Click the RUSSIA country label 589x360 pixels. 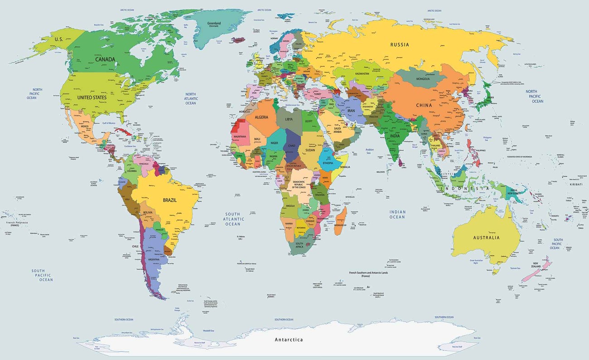click(x=400, y=44)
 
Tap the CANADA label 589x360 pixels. click(x=105, y=59)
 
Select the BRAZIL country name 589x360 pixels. click(x=169, y=199)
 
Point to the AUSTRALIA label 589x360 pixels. click(x=486, y=238)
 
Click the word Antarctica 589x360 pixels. click(x=289, y=340)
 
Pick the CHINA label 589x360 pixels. click(x=424, y=105)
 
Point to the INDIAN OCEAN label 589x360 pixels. click(x=397, y=214)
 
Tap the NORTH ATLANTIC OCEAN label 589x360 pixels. click(x=191, y=98)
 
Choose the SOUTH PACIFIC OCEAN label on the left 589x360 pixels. click(x=42, y=275)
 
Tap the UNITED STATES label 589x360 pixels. click(x=92, y=97)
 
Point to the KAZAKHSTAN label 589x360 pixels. click(x=362, y=73)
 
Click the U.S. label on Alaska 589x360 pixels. click(x=58, y=39)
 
